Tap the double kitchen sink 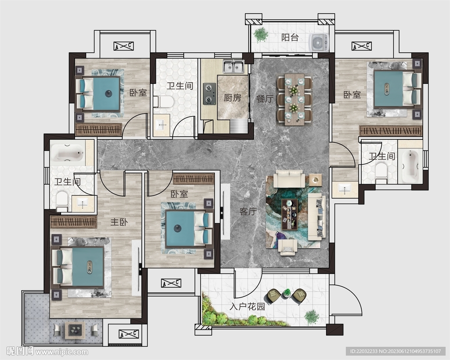[234, 67]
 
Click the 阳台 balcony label [290, 38]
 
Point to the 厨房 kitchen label [232, 98]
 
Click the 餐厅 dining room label [265, 99]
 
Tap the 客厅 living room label [248, 211]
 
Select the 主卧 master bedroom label [119, 222]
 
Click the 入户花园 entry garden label [247, 307]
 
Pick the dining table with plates [294, 99]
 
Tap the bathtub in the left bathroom [67, 153]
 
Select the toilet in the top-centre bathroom [164, 102]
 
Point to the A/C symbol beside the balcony [362, 46]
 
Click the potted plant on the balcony [261, 35]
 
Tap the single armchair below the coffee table [287, 247]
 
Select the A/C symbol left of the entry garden [171, 283]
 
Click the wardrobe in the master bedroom [73, 222]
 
